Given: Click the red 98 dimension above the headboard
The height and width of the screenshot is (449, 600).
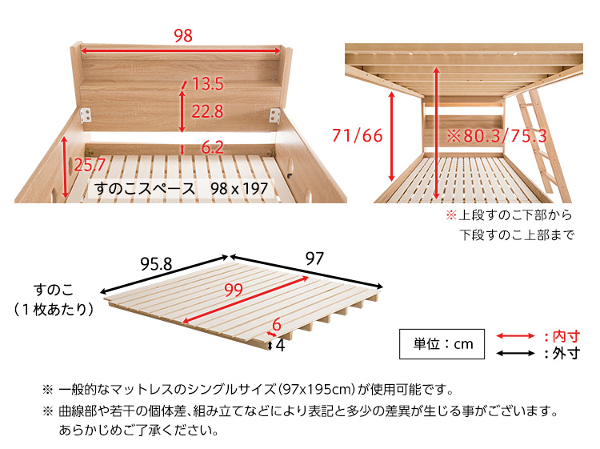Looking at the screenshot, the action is (x=183, y=35).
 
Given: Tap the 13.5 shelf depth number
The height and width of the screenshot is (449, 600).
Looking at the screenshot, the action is (x=208, y=84).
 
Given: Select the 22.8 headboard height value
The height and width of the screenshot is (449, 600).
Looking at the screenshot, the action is (x=207, y=111).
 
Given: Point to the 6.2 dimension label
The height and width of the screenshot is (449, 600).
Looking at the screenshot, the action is (x=212, y=147).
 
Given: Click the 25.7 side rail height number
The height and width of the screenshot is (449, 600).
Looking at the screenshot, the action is (x=90, y=165).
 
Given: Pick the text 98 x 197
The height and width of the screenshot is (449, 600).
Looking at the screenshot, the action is (x=239, y=188).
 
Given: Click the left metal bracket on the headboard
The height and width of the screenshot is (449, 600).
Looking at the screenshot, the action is (x=86, y=115).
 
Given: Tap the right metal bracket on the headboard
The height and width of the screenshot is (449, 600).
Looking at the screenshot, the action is (x=274, y=115).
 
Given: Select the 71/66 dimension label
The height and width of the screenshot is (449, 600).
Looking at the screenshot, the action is (x=358, y=135).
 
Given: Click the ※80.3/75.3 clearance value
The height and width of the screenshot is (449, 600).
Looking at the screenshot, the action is (x=497, y=136).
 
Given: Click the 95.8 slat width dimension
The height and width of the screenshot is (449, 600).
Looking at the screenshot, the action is (x=156, y=264).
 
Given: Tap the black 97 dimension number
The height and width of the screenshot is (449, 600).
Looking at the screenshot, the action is (x=314, y=259).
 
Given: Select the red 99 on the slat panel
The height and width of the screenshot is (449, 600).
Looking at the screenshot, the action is (x=234, y=290).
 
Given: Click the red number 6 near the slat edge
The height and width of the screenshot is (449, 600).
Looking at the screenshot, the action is (x=277, y=326).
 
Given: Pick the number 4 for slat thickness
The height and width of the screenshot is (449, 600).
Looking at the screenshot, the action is (x=280, y=345).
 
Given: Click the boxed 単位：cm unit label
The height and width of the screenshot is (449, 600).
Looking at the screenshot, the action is (x=442, y=343).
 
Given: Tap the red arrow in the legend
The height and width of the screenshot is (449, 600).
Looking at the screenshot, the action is (x=515, y=336).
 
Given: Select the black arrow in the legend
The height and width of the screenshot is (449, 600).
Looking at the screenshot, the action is (x=515, y=353).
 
